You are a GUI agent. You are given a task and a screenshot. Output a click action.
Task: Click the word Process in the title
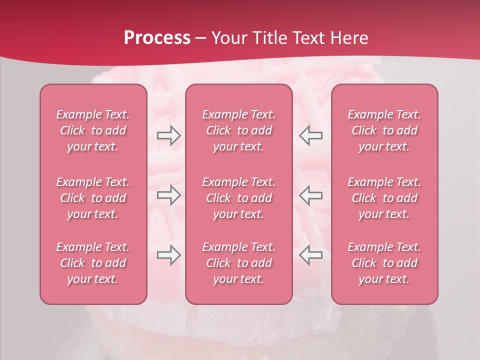pyautogui.click(x=157, y=38)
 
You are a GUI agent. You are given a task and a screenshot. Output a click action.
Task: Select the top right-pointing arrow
pyautogui.click(x=168, y=135)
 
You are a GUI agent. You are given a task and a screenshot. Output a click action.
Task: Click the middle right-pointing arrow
pyautogui.click(x=168, y=195)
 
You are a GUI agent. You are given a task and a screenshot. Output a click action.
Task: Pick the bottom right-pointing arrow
pyautogui.click(x=168, y=255)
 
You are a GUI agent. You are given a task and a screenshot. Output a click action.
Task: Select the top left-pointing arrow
pyautogui.click(x=311, y=135)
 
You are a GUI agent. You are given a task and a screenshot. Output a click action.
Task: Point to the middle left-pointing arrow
pyautogui.click(x=311, y=195)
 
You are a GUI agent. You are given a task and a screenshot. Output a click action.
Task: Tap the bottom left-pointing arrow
pyautogui.click(x=311, y=255)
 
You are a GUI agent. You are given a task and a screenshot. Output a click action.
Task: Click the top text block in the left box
pyautogui.click(x=93, y=130)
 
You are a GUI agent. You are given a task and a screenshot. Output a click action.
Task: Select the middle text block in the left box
pyautogui.click(x=93, y=198)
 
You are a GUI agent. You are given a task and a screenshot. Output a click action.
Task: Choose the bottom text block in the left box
pyautogui.click(x=93, y=263)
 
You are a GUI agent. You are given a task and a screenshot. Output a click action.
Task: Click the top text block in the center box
pyautogui.click(x=239, y=130)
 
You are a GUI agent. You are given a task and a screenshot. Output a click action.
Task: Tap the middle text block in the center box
pyautogui.click(x=239, y=198)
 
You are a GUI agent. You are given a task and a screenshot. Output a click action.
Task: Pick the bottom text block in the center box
pyautogui.click(x=239, y=263)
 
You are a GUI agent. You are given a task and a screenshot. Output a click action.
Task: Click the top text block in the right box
pyautogui.click(x=384, y=130)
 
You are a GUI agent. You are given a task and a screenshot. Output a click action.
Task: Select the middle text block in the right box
pyautogui.click(x=384, y=198)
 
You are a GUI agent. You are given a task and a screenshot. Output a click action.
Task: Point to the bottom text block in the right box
pyautogui.click(x=384, y=263)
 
